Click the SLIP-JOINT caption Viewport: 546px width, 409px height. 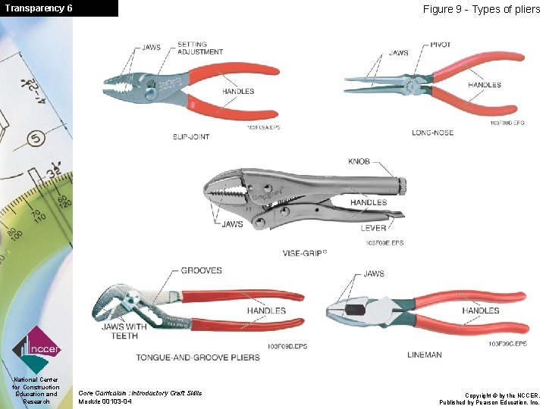(191, 136)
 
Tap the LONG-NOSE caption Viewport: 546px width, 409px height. (432, 133)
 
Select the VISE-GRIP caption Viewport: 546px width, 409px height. (304, 252)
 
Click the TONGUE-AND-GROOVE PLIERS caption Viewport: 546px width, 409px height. (198, 357)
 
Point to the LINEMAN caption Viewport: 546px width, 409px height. (425, 354)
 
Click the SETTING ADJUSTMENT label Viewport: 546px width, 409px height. (200, 48)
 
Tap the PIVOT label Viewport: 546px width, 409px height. (440, 45)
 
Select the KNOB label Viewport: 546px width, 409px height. (359, 161)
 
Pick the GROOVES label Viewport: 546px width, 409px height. (201, 270)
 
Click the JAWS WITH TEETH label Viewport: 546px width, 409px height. (124, 331)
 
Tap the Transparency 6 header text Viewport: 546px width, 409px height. (38, 8)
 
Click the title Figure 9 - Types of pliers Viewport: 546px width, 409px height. (481, 9)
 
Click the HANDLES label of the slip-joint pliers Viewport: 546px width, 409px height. (238, 92)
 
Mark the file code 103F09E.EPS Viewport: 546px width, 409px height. (384, 242)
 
